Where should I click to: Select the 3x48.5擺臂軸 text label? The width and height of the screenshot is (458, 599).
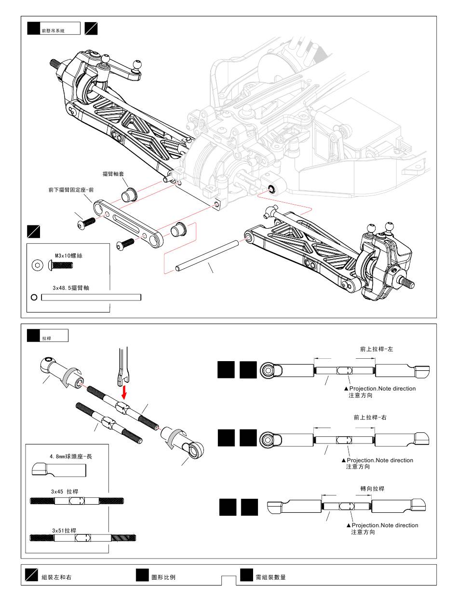pyautogui.click(x=71, y=288)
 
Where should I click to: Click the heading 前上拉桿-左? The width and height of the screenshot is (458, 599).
pyautogui.click(x=377, y=349)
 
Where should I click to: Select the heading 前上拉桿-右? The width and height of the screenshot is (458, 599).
pyautogui.click(x=370, y=417)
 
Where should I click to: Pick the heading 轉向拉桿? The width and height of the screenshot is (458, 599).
pyautogui.click(x=372, y=489)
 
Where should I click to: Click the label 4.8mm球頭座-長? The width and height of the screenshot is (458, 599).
pyautogui.click(x=70, y=456)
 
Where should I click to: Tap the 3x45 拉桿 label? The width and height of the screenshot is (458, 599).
pyautogui.click(x=65, y=492)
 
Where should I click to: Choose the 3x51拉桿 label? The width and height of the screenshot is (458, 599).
pyautogui.click(x=64, y=530)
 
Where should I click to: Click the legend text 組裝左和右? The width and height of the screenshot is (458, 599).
pyautogui.click(x=56, y=577)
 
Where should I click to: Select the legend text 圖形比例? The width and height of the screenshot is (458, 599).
pyautogui.click(x=163, y=577)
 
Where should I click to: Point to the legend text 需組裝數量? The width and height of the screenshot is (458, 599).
pyautogui.click(x=270, y=577)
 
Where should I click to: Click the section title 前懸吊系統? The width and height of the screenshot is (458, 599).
pyautogui.click(x=53, y=30)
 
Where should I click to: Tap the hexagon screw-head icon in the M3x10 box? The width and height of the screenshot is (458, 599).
pyautogui.click(x=37, y=265)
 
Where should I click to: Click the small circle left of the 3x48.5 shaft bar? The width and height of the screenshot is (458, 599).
pyautogui.click(x=34, y=297)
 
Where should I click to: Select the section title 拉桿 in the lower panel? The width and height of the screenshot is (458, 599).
pyautogui.click(x=47, y=339)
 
